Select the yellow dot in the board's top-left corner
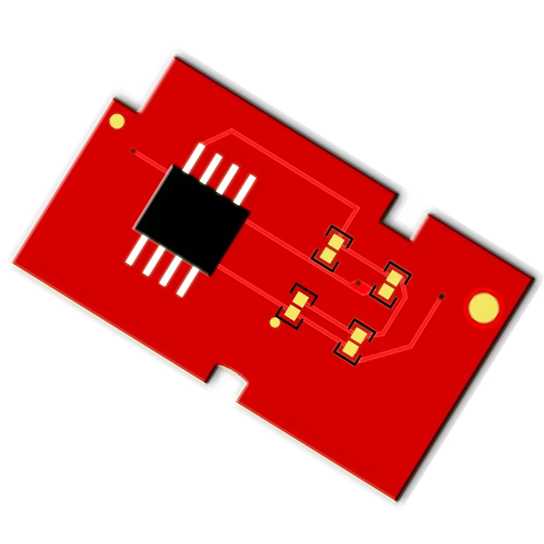point(117,121)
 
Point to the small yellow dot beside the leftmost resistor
point(275,323)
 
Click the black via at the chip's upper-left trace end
point(133,151)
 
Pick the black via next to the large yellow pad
point(442,296)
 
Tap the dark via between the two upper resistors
point(358,283)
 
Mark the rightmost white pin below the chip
point(187,282)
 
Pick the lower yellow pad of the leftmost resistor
point(293,312)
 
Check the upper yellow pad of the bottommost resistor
point(359,335)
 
